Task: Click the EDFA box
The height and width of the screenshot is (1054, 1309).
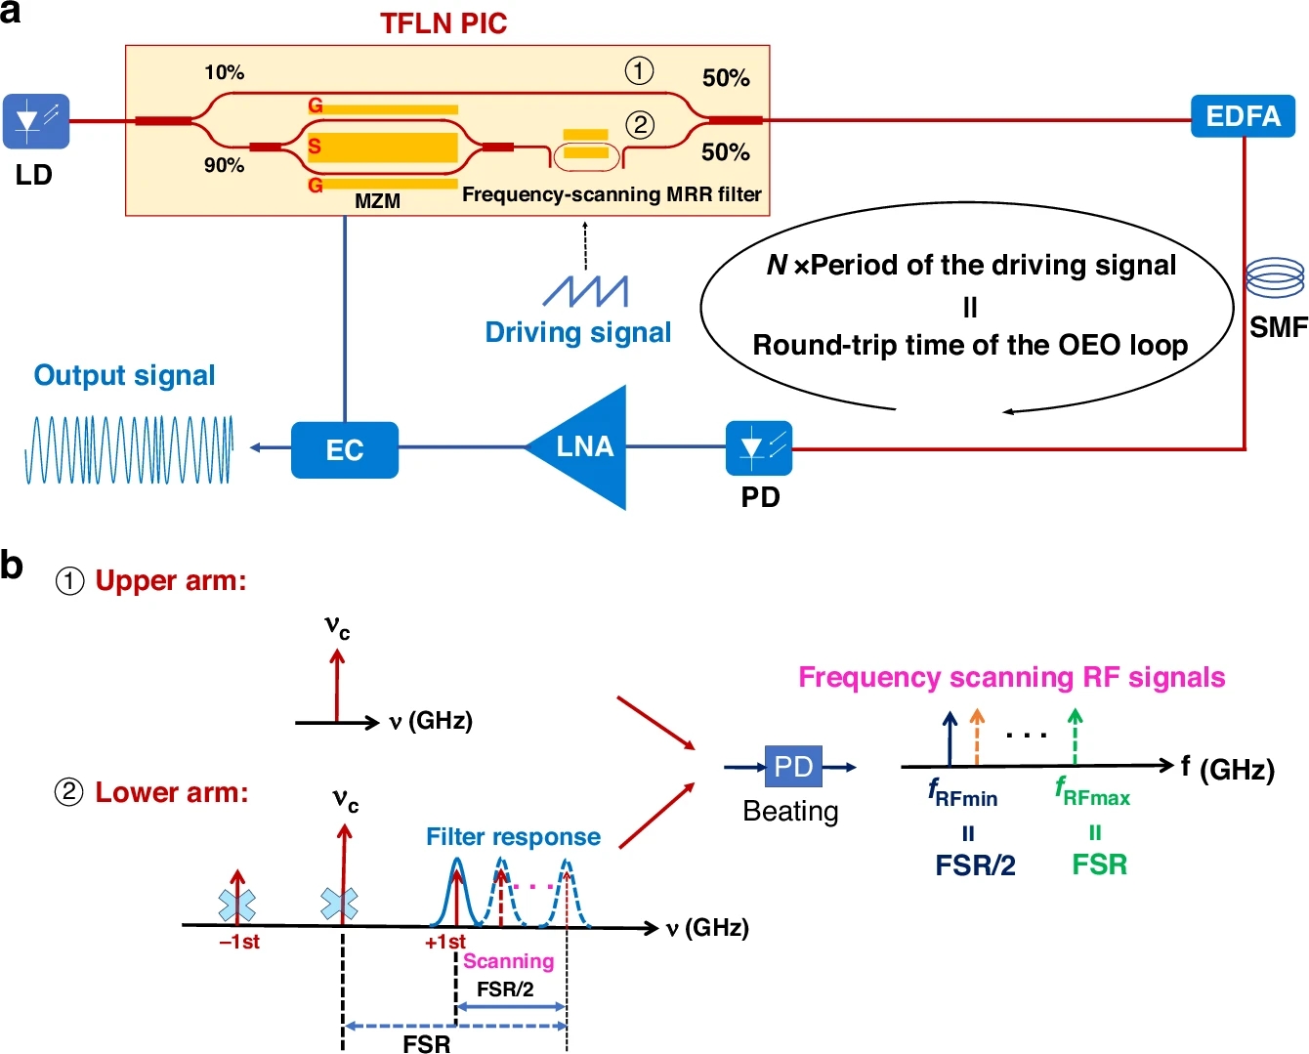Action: click(x=1243, y=116)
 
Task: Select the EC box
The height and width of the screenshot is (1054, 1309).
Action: click(x=344, y=449)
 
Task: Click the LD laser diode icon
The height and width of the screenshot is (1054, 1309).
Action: click(x=36, y=121)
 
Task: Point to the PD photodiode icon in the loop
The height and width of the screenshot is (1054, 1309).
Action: click(x=759, y=448)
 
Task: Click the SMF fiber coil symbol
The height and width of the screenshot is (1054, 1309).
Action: click(x=1275, y=277)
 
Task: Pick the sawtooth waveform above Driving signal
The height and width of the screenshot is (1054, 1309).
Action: click(x=585, y=290)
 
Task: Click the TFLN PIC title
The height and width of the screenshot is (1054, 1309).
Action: click(x=443, y=23)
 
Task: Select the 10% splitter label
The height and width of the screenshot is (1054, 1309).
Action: click(x=224, y=72)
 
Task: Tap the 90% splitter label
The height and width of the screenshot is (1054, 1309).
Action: click(x=224, y=165)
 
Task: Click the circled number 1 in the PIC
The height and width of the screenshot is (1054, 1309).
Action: click(x=639, y=70)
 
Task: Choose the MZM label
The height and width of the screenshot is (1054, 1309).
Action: click(x=377, y=201)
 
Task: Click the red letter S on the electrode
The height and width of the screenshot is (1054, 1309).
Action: click(x=315, y=147)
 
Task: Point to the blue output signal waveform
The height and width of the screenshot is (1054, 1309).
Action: click(x=128, y=450)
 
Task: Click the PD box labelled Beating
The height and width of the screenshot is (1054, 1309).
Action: click(x=792, y=767)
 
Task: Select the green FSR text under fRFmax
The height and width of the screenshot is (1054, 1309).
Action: click(x=1099, y=864)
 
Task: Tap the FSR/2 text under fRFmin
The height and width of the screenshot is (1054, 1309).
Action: click(x=975, y=864)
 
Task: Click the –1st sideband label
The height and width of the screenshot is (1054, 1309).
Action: click(x=239, y=943)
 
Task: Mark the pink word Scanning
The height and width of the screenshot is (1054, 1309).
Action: click(x=508, y=961)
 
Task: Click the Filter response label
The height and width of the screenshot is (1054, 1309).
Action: click(x=513, y=837)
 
